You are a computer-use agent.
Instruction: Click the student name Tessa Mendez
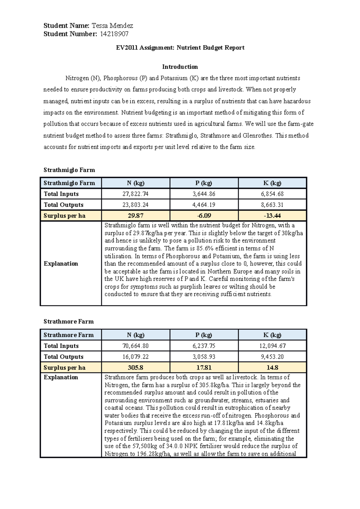(x=112, y=25)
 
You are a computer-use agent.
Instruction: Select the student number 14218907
(x=114, y=34)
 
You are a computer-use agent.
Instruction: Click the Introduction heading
(x=180, y=67)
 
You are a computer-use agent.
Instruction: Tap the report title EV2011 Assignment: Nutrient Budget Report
(x=180, y=48)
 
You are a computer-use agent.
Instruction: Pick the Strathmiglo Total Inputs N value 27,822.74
(x=135, y=194)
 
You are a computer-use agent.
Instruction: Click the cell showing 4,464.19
(x=204, y=205)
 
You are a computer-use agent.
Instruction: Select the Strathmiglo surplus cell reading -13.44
(x=272, y=216)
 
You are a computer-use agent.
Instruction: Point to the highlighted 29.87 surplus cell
(x=135, y=216)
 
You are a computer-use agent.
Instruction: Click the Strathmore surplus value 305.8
(x=135, y=368)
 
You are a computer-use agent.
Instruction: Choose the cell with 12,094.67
(x=272, y=346)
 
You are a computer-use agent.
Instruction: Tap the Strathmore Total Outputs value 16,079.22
(x=135, y=357)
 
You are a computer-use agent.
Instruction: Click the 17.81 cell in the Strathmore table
(x=204, y=368)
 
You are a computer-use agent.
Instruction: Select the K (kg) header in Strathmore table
(x=272, y=335)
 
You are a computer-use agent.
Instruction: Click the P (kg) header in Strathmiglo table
(x=204, y=183)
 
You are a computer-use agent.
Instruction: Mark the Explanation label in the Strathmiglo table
(x=61, y=263)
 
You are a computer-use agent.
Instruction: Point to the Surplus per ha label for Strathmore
(x=64, y=368)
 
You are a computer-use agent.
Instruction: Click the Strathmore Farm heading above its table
(x=69, y=321)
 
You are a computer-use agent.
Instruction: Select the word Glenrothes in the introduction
(x=257, y=135)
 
